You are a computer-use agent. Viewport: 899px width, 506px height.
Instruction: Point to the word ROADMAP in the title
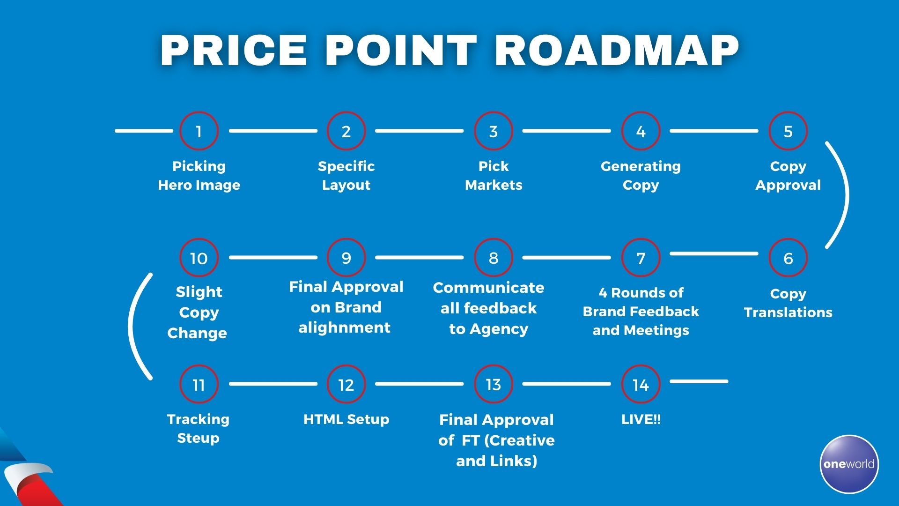(617, 50)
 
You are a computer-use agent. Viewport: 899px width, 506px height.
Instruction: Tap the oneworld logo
(849, 464)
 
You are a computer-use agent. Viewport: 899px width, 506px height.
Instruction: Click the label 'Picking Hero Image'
(199, 176)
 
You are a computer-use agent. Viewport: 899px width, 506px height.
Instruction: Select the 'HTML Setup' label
(346, 419)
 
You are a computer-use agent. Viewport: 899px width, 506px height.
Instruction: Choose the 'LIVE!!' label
(641, 419)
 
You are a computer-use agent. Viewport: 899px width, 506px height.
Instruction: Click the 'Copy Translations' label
(788, 303)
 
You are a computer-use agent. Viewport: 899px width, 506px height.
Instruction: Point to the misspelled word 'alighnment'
(345, 327)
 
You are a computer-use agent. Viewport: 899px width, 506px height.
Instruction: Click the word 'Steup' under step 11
(199, 439)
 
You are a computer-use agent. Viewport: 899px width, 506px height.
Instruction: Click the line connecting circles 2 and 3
(420, 131)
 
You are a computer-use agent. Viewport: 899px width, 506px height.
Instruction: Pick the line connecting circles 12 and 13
(420, 384)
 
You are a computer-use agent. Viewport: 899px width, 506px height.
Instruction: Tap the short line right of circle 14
(699, 381)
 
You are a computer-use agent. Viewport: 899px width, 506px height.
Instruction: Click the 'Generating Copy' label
(641, 176)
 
